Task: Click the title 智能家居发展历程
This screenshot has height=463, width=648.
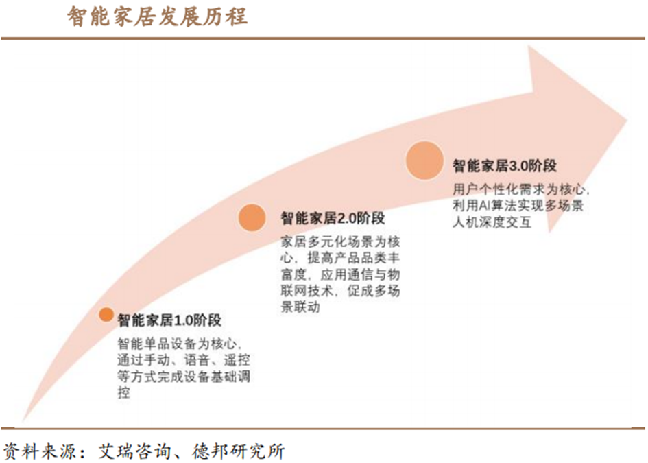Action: coord(157,16)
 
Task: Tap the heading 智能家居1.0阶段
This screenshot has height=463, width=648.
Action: coord(169,320)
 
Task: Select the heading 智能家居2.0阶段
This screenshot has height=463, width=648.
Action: coord(333,218)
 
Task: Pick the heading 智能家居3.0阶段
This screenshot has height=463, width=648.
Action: coord(503,165)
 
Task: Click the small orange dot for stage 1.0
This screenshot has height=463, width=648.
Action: coord(106,314)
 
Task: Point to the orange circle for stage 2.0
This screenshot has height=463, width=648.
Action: coord(252,217)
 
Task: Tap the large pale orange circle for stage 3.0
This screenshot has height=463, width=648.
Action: coord(423,160)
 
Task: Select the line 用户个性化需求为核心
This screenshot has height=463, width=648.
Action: coord(520,189)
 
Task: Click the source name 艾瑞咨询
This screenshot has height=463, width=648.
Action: coord(132,451)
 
